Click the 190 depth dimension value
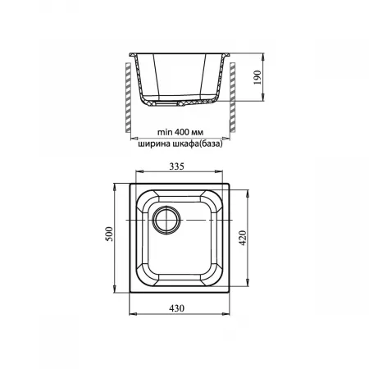pos(257,77)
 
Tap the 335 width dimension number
pos(176,166)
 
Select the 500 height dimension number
pos(109,234)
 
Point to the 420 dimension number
pos(243,238)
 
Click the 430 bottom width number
pos(176,308)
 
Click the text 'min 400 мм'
pos(180,132)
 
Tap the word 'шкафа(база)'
pos(198,143)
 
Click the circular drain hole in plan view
pos(167,220)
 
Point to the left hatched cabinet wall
pos(128,98)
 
